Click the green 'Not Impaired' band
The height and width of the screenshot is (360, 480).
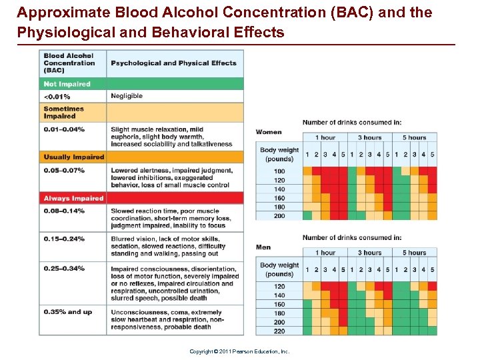141,84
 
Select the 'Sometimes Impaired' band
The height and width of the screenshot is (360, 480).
141,112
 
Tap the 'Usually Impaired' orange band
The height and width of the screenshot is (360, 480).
141,157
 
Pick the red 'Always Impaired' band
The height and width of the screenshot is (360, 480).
141,198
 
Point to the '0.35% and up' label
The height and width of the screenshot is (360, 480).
68,311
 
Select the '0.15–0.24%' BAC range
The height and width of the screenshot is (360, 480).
64,239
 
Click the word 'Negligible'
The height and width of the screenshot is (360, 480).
127,96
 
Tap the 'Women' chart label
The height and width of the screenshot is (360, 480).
269,132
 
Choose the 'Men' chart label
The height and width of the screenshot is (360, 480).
263,247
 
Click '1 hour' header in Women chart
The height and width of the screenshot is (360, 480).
325,137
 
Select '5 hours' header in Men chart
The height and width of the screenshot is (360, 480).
414,253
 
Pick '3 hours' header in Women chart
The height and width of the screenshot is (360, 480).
369,137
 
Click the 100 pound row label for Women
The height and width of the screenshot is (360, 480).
279,171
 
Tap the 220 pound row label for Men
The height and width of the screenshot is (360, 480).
279,331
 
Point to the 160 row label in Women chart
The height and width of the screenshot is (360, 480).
279,198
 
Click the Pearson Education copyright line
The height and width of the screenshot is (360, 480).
239,351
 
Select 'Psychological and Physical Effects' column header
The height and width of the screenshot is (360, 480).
173,63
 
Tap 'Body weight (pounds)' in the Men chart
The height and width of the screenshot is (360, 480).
279,270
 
